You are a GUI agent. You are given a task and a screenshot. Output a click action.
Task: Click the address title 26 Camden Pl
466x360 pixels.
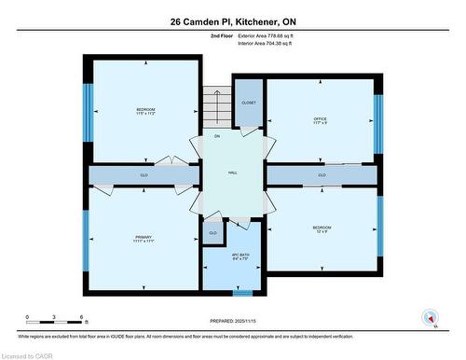pyautogui.click(x=232, y=21)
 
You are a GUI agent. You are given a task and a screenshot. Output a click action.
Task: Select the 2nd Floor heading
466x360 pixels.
pyautogui.click(x=223, y=35)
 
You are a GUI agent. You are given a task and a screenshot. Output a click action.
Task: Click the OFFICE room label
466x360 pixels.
pyautogui.click(x=321, y=118)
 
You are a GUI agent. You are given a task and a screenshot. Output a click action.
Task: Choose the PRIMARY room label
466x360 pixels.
pyautogui.click(x=143, y=238)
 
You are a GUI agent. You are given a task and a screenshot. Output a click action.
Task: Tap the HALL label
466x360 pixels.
pyautogui.click(x=233, y=173)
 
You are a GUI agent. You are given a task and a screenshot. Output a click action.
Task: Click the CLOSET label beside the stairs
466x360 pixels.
pyautogui.click(x=249, y=103)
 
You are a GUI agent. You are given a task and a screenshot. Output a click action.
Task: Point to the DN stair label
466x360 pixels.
pyautogui.click(x=216, y=136)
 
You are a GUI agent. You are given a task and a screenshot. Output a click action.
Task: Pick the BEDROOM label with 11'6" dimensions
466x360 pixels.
pyautogui.click(x=143, y=111)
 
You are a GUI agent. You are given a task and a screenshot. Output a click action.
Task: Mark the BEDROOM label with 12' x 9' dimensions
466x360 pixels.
pyautogui.click(x=322, y=228)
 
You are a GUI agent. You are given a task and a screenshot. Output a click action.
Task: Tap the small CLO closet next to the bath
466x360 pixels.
pyautogui.click(x=212, y=232)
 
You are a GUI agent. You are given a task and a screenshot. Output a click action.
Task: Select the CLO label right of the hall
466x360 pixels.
pyautogui.click(x=322, y=174)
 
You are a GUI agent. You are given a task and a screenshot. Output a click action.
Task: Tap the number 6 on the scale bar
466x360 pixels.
pyautogui.click(x=82, y=317)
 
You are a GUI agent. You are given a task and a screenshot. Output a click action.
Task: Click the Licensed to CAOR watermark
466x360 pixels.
pyautogui.click(x=27, y=353)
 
